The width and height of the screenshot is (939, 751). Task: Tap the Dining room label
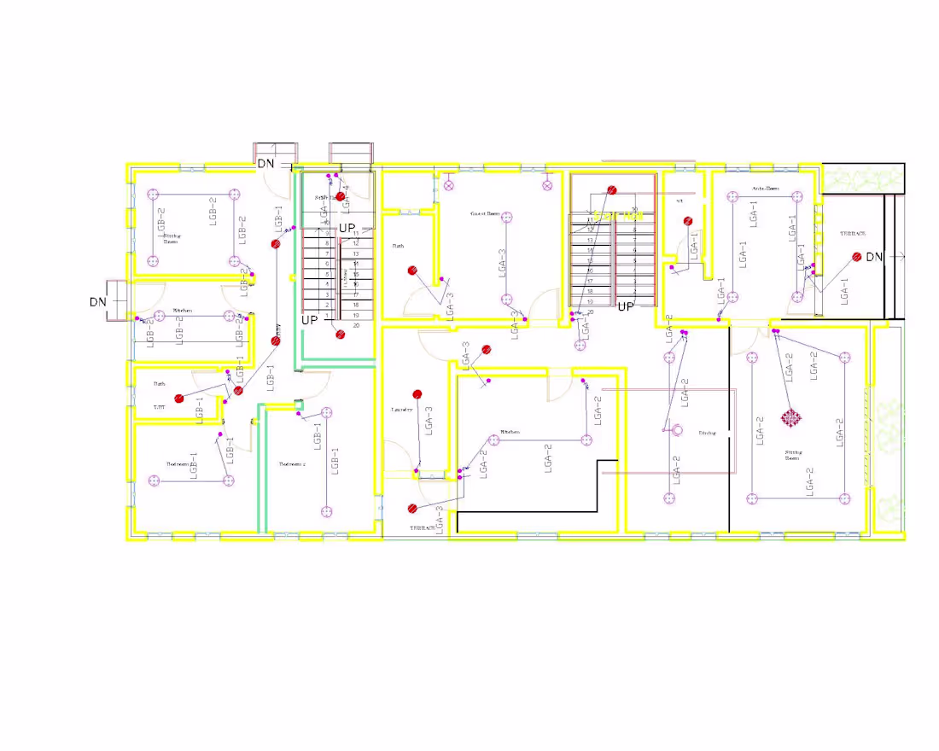[708, 434]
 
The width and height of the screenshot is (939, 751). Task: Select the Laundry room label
[402, 410]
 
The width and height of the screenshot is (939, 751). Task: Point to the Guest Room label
[483, 213]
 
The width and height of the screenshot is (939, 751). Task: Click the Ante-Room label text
[765, 188]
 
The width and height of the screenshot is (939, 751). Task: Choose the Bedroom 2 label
[292, 464]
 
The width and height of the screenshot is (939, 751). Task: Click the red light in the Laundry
[417, 394]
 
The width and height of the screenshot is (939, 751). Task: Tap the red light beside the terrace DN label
[856, 256]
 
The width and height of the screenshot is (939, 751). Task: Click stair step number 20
[355, 325]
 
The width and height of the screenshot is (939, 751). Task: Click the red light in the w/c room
[688, 221]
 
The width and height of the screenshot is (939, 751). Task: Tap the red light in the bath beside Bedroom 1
[179, 399]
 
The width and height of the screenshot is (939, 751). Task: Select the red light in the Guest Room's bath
[411, 271]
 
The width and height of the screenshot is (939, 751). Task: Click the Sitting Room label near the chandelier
[791, 455]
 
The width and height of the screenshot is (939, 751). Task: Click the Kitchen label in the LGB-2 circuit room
[183, 310]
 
